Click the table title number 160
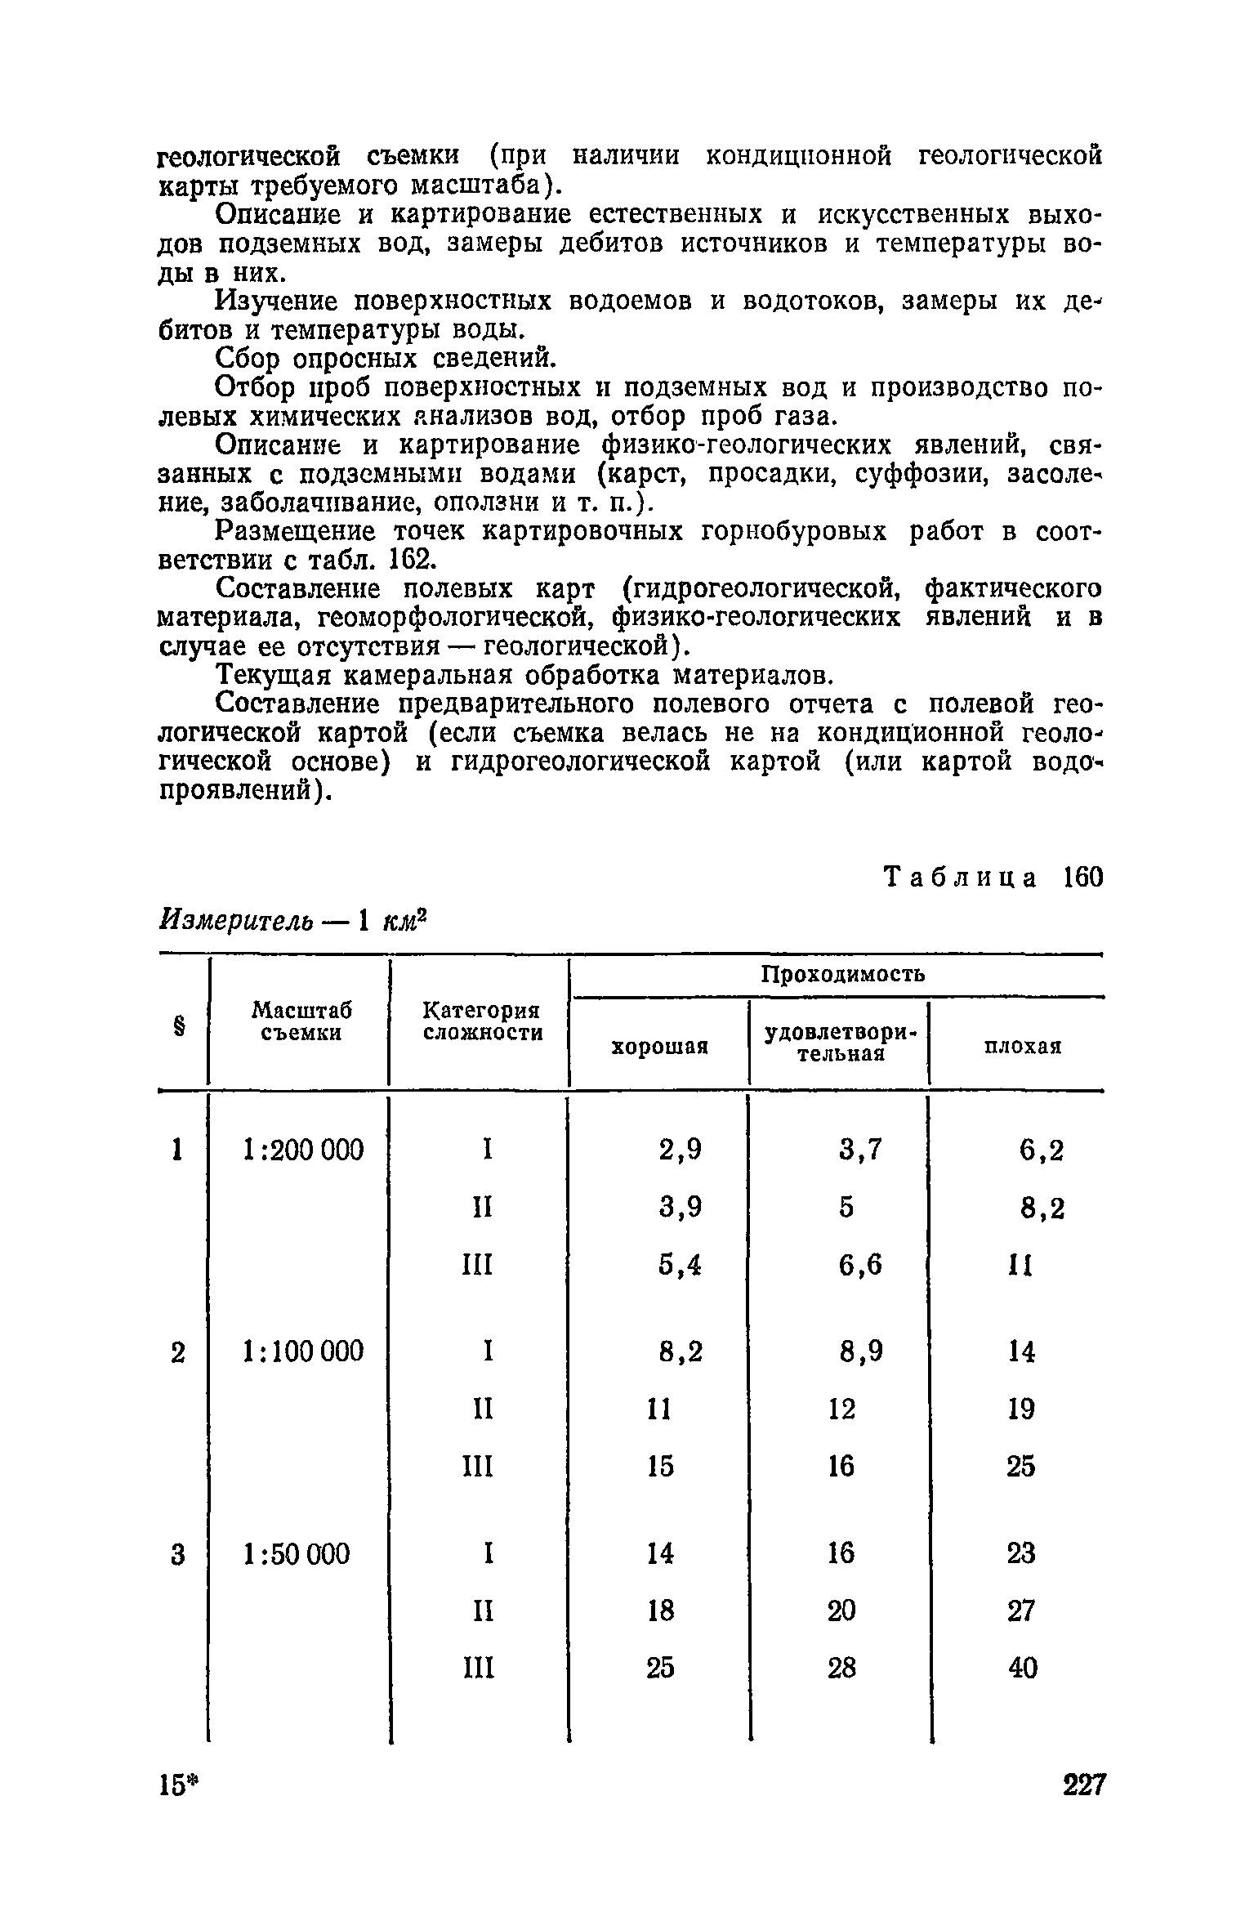coord(1082,878)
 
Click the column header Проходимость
coord(843,974)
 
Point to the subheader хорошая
coord(660,1047)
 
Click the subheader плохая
coord(1022,1047)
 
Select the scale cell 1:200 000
coord(302,1150)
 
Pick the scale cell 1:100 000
coord(302,1351)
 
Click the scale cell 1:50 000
coord(297,1553)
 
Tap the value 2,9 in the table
coord(680,1150)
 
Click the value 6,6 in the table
coord(860,1265)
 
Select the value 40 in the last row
coord(1021,1667)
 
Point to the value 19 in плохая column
coord(1021,1410)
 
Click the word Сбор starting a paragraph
coord(250,359)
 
